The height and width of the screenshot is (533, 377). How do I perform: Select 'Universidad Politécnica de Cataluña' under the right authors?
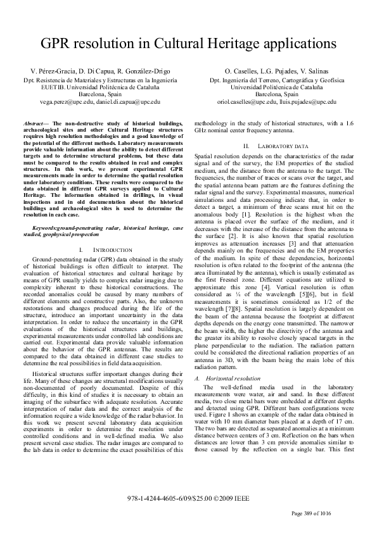(276, 87)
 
